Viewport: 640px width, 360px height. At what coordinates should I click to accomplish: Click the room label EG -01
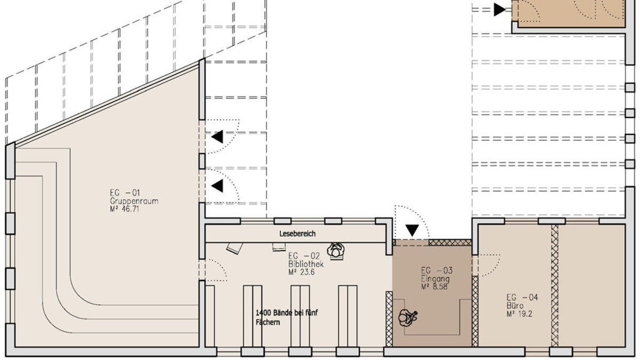[x=125, y=193]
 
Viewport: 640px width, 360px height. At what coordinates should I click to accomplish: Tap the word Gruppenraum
[x=134, y=201]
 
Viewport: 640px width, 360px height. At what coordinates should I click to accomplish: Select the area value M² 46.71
[x=125, y=209]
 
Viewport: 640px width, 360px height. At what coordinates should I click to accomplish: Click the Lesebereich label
[x=298, y=234]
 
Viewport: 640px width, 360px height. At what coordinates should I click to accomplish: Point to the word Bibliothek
[x=306, y=263]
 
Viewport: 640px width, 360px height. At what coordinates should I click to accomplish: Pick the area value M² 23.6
[x=301, y=271]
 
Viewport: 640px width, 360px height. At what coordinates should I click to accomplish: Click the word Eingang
[x=435, y=278]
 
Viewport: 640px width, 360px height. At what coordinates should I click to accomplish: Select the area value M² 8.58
[x=434, y=286]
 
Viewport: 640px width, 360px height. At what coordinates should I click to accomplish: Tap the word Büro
[x=515, y=306]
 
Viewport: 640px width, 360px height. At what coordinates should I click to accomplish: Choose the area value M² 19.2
[x=519, y=314]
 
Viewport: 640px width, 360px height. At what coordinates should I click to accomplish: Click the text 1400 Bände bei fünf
[x=286, y=313]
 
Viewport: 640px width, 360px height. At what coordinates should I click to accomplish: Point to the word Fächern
[x=268, y=323]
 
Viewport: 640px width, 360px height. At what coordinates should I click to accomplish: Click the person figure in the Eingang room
[x=407, y=318]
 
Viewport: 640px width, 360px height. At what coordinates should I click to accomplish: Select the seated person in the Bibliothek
[x=336, y=251]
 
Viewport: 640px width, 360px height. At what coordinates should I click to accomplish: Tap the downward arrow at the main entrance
[x=412, y=230]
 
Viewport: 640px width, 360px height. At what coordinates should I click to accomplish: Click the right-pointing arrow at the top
[x=500, y=10]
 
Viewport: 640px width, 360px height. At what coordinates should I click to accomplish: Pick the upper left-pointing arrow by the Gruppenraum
[x=217, y=137]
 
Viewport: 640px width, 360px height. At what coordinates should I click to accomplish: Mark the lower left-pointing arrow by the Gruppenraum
[x=217, y=186]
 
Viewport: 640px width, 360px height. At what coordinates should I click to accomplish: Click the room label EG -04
[x=522, y=298]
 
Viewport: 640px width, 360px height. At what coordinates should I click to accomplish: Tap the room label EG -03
[x=437, y=270]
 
